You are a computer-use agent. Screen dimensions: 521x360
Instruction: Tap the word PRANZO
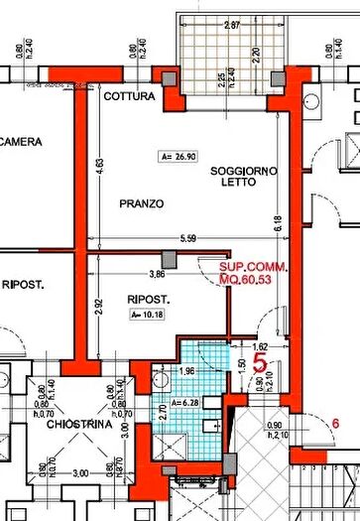click(142, 203)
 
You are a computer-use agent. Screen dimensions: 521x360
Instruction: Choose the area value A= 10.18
click(146, 315)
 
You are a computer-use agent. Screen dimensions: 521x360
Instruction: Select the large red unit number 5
click(260, 363)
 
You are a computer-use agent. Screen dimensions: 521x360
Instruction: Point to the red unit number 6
click(335, 425)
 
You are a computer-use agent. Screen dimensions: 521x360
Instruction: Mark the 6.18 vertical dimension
click(279, 226)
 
